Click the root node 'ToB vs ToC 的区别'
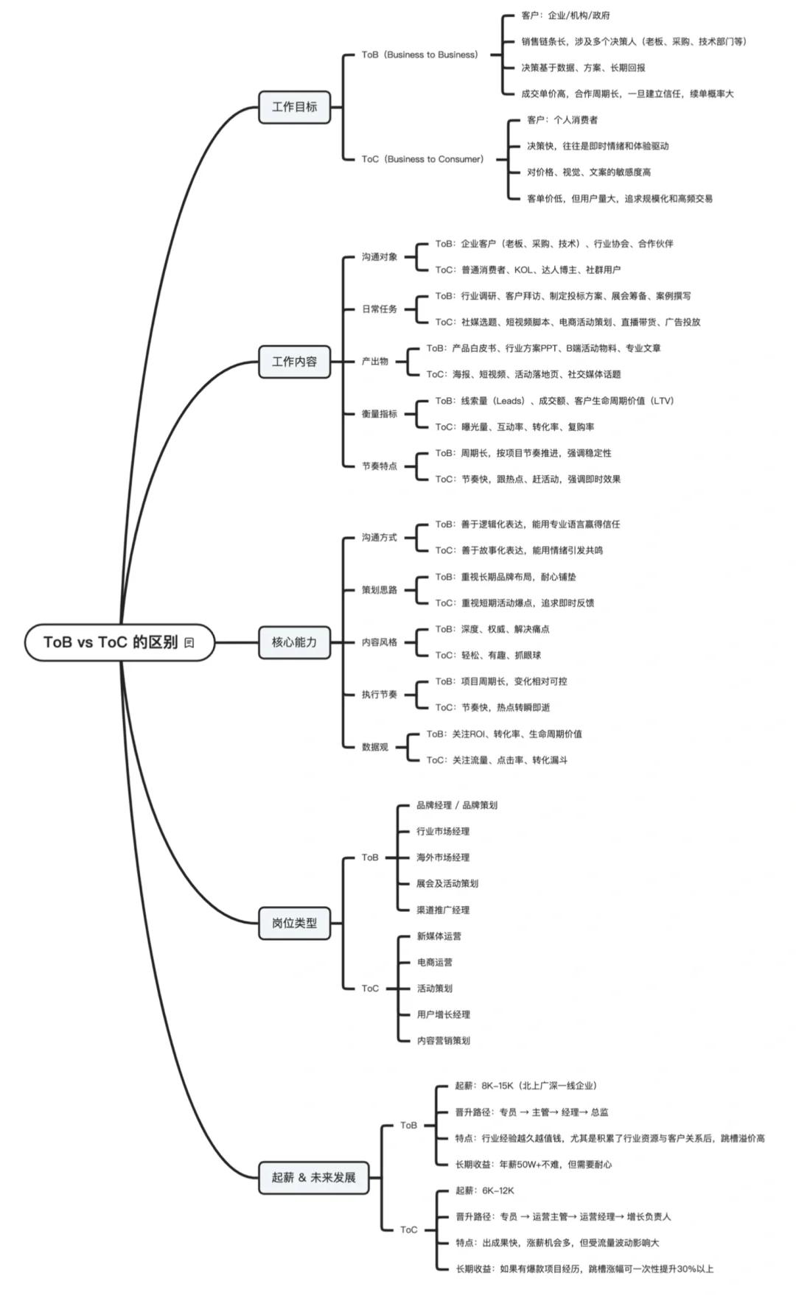point(120,642)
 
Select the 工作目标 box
point(294,107)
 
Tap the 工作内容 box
point(294,362)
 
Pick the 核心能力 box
point(294,642)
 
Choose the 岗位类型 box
point(294,923)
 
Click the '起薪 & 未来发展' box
point(313,1177)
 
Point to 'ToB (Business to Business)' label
point(419,55)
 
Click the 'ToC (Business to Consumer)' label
point(422,159)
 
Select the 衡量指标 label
point(379,414)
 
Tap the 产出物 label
point(374,362)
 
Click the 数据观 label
point(374,747)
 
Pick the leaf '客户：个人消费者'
point(562,120)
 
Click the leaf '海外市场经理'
point(443,857)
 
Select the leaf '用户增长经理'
point(444,1014)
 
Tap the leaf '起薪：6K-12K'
point(485,1190)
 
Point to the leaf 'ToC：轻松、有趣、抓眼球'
point(488,655)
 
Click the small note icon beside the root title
point(189,642)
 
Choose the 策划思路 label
point(379,590)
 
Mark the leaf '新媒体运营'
point(439,936)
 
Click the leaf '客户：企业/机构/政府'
point(565,15)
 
